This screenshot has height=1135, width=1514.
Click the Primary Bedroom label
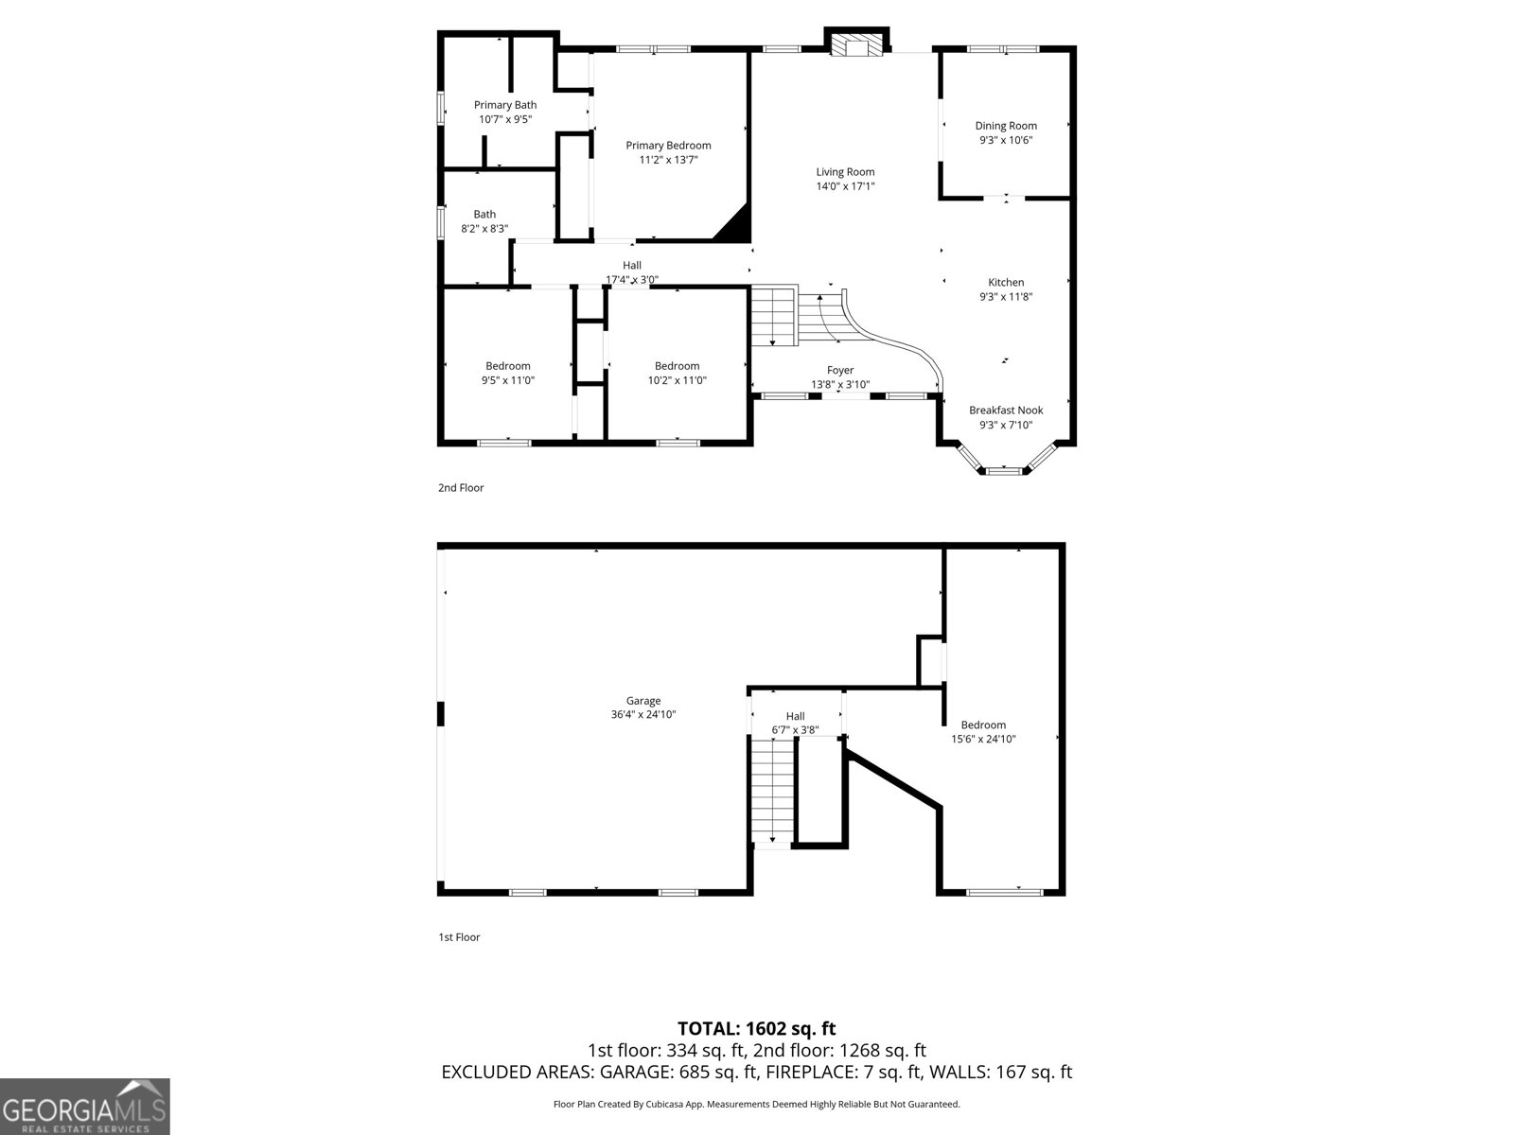point(668,146)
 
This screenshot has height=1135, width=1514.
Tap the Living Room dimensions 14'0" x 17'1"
point(846,186)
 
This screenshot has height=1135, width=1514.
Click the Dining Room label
point(1006,126)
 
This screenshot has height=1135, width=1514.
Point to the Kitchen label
point(1006,282)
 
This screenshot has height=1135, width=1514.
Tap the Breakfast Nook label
point(1006,410)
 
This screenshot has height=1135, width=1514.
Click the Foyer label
point(840,370)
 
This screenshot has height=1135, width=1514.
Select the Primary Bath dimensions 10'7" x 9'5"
point(505,119)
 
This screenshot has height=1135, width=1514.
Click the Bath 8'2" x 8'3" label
point(484,221)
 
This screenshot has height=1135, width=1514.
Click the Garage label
point(643,701)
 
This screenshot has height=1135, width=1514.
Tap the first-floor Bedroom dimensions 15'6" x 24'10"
point(983,739)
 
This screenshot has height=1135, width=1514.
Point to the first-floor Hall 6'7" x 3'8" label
point(795,723)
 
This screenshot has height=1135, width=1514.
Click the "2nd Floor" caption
point(461,488)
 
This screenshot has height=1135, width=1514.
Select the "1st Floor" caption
point(459,937)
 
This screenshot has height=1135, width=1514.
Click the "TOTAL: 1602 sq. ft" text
point(756,1028)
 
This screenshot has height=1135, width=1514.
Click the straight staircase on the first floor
point(772,790)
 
